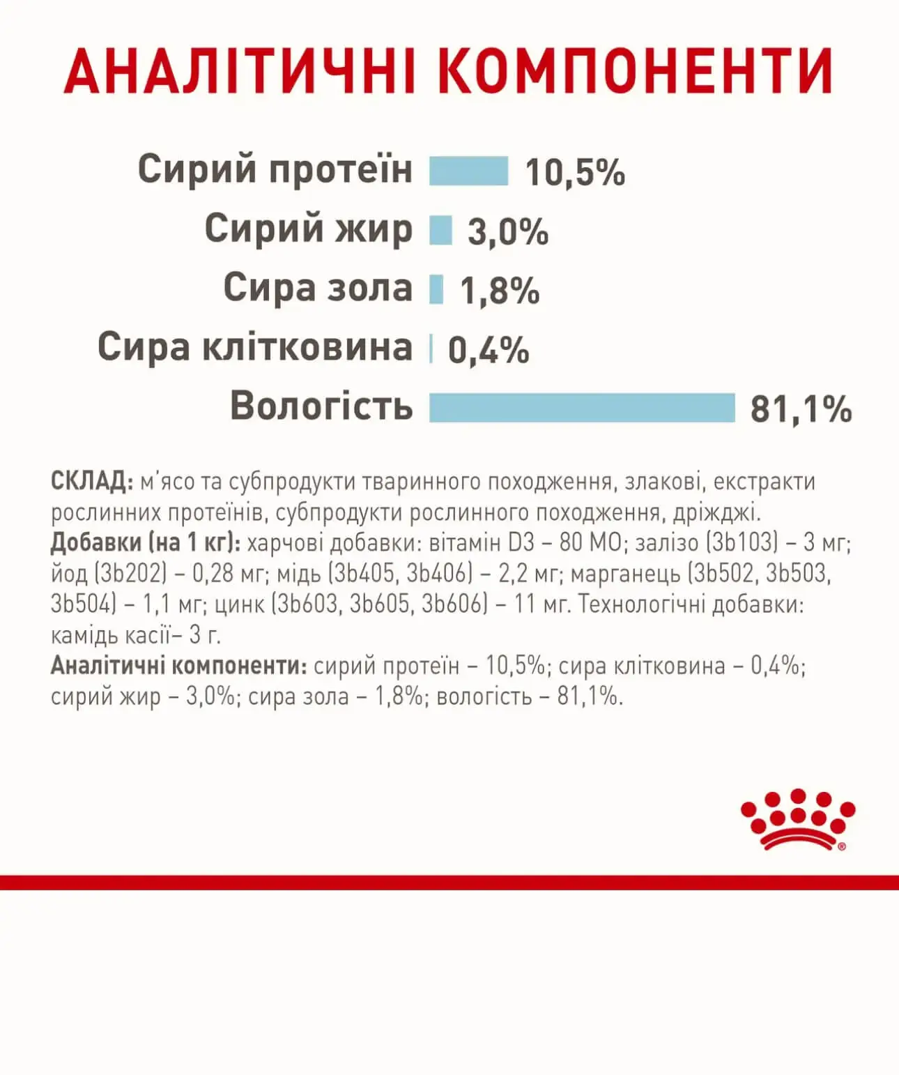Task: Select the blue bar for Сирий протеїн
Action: pos(468,171)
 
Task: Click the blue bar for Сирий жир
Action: pos(440,230)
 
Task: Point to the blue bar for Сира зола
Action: pos(436,289)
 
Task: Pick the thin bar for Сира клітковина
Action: pos(431,349)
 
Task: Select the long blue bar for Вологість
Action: pos(582,408)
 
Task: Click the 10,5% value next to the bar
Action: pos(575,173)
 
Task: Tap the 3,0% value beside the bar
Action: pos(507,231)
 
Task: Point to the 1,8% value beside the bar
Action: pos(500,291)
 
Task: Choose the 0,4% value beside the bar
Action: pos(489,350)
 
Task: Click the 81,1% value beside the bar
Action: pos(801,409)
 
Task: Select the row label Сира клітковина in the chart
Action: pos(255,347)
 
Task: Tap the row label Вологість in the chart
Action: pos(321,406)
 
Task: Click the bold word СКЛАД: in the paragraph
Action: pos(91,482)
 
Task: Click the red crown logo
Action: pos(797,820)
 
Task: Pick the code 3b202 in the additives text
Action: pos(130,574)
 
